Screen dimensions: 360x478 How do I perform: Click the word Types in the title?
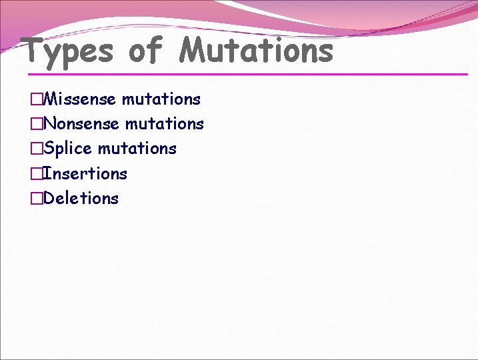(67, 51)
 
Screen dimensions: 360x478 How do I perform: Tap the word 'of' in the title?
(145, 51)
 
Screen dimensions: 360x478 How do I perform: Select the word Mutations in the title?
(257, 51)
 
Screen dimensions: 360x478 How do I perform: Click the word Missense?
(81, 99)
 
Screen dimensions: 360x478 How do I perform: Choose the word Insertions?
(85, 173)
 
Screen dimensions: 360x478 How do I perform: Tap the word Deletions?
(81, 198)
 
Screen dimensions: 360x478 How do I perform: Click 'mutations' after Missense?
(161, 99)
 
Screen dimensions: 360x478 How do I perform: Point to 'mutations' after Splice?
(137, 149)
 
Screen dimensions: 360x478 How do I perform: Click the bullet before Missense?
(35, 100)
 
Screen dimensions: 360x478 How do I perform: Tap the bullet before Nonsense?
(35, 125)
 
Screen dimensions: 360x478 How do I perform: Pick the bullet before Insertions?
(35, 174)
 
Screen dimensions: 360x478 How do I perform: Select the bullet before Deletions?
(35, 199)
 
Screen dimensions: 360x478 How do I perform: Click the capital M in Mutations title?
(194, 51)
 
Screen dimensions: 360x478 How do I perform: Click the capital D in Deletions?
(49, 198)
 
